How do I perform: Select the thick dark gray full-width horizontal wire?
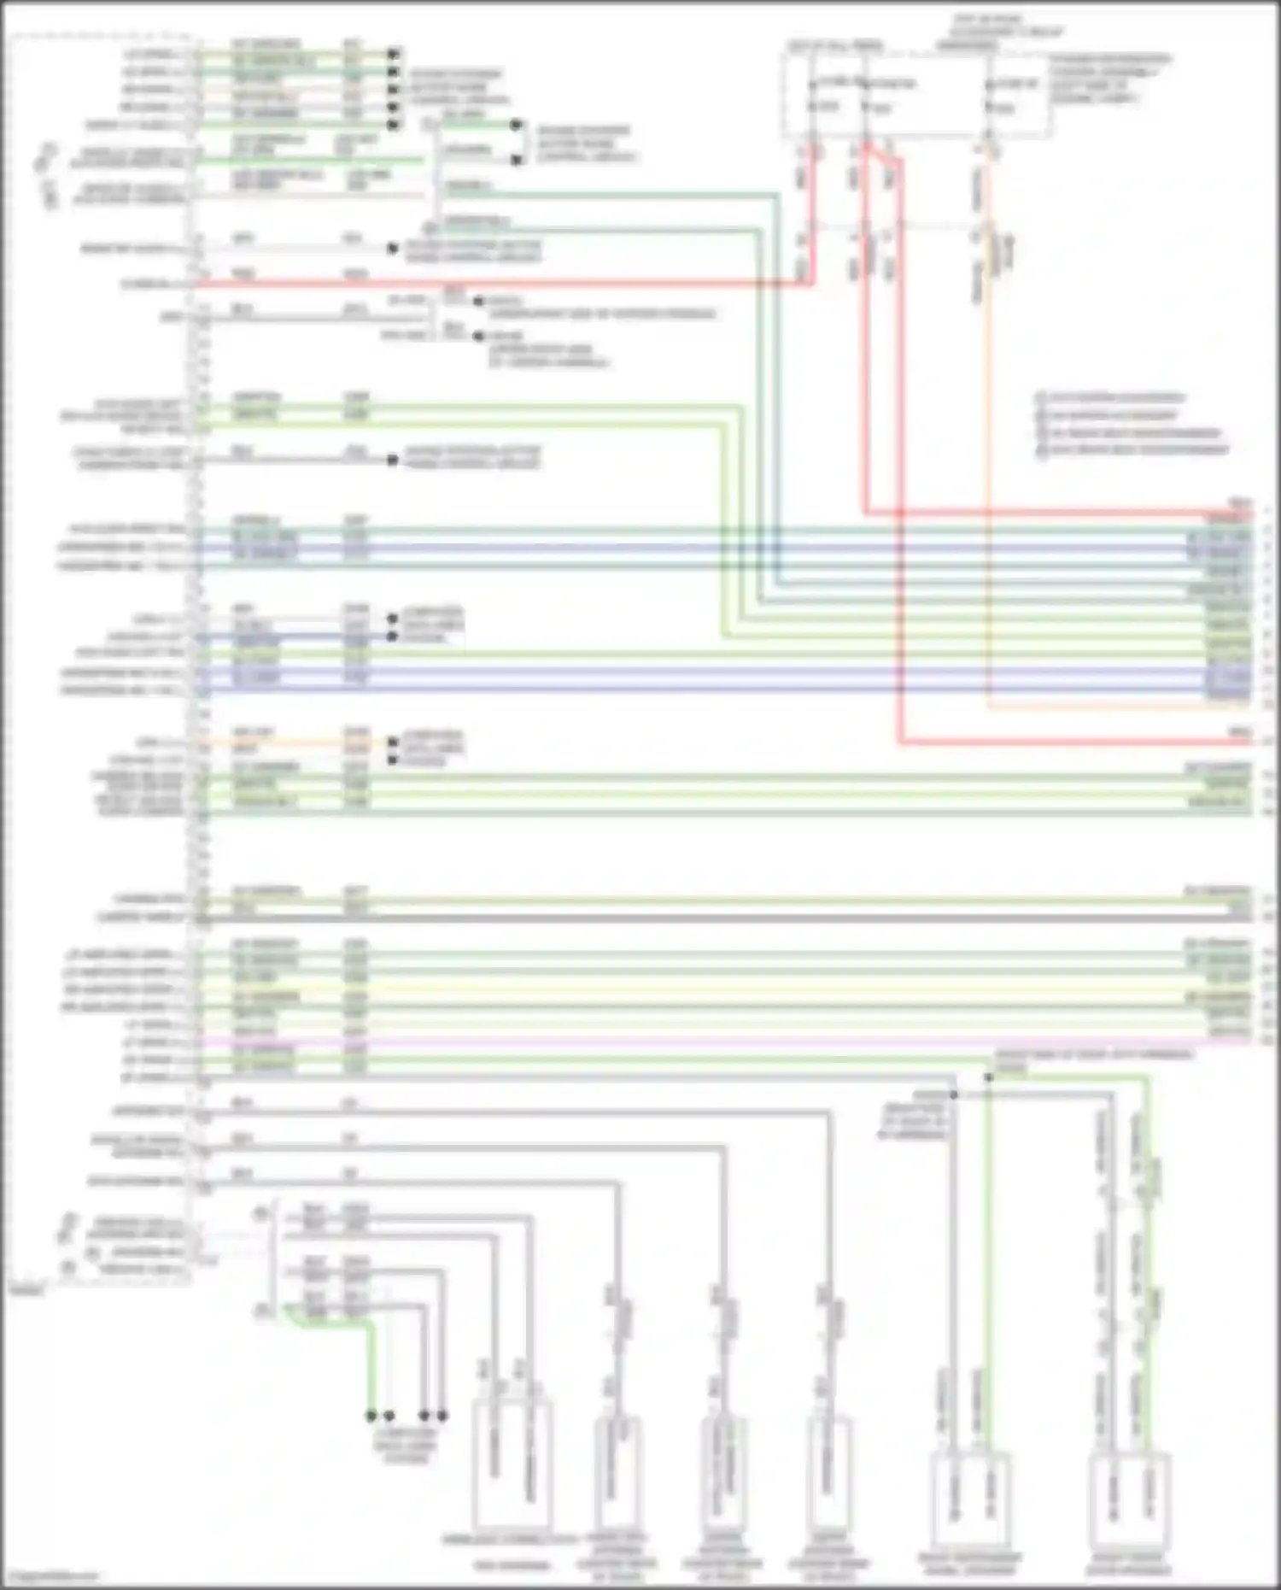pos(726,918)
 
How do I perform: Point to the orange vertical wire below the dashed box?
pos(989,513)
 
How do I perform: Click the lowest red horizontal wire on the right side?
pos(1067,742)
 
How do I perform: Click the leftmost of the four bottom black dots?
pos(371,1416)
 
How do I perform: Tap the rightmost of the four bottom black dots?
pos(442,1416)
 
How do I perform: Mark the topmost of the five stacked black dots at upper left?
pos(393,54)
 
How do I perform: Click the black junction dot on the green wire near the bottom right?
pos(988,1078)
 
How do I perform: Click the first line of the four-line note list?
pos(1110,397)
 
